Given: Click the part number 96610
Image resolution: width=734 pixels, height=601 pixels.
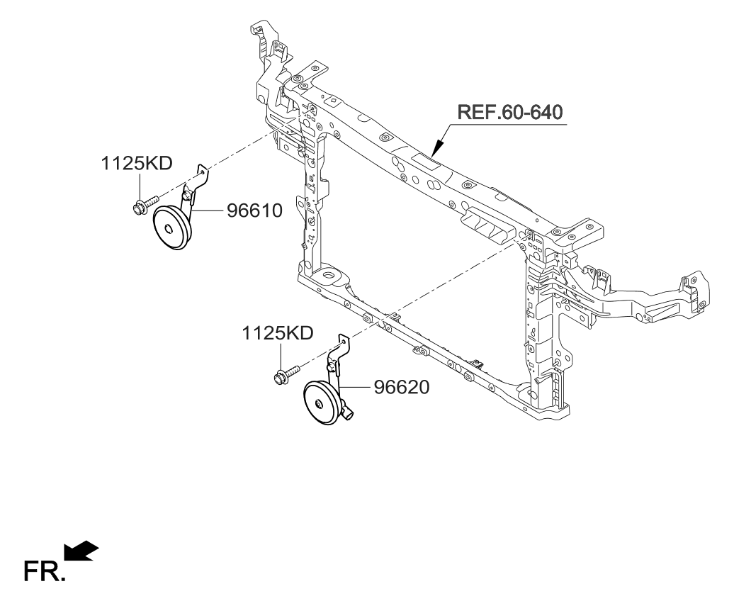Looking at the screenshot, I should [255, 210].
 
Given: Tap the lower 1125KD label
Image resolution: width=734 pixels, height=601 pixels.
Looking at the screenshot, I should [278, 333].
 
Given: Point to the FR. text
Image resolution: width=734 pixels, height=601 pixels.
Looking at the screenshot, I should [45, 571].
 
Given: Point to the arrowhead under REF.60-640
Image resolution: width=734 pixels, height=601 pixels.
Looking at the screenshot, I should [436, 148].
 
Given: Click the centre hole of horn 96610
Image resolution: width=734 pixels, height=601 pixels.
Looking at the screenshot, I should [168, 228].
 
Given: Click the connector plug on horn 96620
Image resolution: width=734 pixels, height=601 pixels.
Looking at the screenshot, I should [349, 411].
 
